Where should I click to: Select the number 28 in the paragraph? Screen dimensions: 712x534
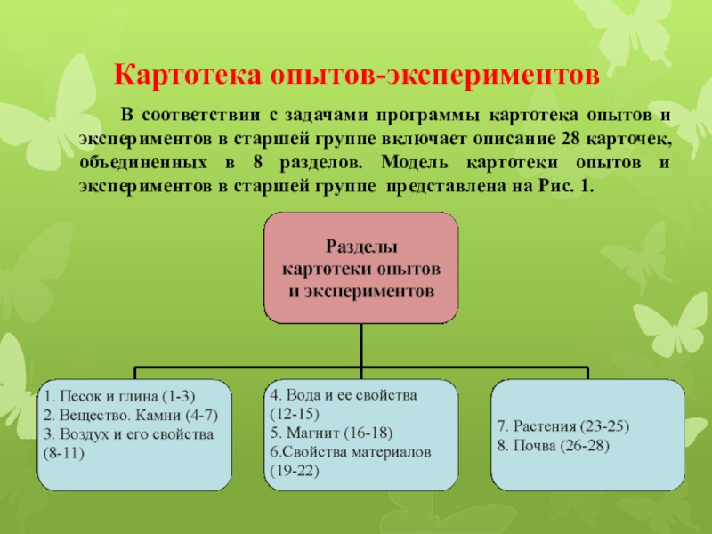(x=572, y=141)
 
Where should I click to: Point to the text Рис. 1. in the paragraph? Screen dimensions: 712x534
(x=564, y=189)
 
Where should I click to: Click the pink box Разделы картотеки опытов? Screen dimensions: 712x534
(x=360, y=268)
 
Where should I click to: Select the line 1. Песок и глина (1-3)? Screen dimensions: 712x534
(x=120, y=396)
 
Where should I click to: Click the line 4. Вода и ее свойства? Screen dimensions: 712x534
(x=344, y=393)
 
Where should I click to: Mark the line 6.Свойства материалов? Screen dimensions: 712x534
(x=351, y=452)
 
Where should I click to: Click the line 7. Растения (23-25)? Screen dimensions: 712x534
(x=562, y=426)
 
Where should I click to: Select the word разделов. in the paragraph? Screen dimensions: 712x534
(x=328, y=165)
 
